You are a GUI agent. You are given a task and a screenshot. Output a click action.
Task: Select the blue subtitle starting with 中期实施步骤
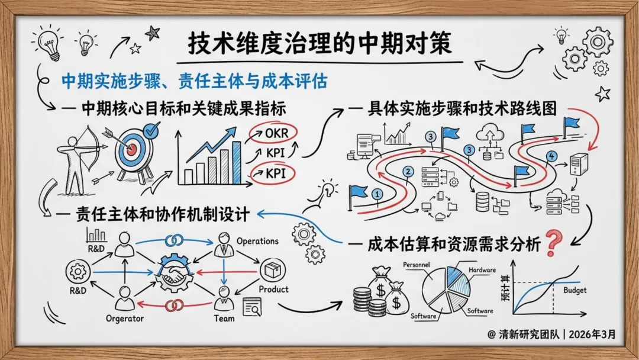click(195, 80)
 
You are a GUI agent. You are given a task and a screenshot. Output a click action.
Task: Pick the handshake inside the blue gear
click(173, 274)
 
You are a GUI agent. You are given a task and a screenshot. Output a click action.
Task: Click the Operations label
click(257, 241)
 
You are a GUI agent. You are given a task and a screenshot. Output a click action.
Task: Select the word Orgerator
click(124, 319)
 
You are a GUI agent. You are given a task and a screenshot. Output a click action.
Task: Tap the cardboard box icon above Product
click(273, 271)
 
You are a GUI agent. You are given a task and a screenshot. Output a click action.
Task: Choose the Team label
click(224, 319)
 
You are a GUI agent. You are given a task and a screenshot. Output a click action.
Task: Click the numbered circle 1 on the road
click(377, 193)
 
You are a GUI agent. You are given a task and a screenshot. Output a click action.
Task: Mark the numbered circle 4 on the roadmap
click(551, 156)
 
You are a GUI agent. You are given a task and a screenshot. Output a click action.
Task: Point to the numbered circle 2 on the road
click(408, 172)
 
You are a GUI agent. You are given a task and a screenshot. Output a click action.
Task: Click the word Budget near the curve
click(575, 290)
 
